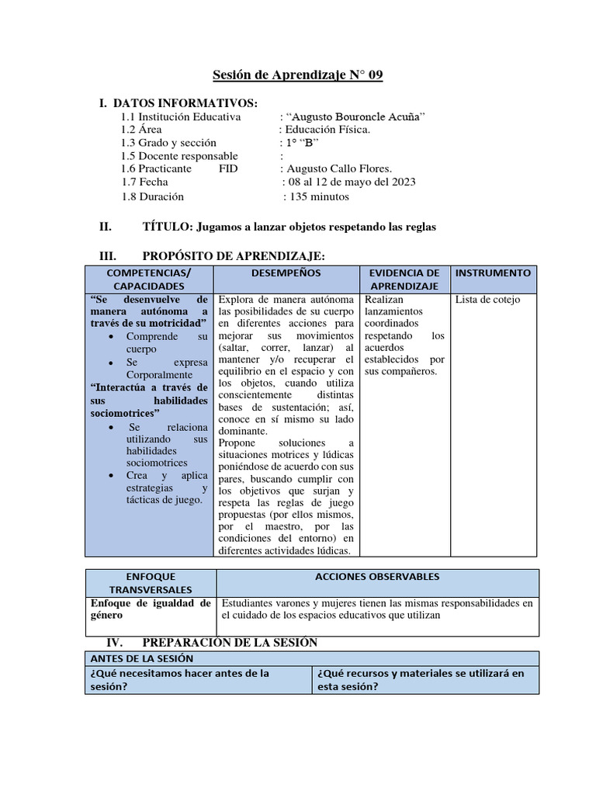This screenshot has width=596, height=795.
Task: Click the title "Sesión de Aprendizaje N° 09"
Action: (x=298, y=75)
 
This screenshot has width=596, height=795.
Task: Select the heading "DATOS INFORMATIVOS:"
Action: (x=185, y=103)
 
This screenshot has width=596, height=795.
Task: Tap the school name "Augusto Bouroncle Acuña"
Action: (x=356, y=116)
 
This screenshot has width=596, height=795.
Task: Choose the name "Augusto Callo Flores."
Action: (x=339, y=168)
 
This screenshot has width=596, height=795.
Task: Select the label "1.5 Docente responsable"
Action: (x=179, y=156)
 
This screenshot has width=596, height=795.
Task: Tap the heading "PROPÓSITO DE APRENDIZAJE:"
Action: (x=234, y=256)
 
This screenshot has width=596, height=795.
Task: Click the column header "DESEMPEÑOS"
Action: (x=286, y=273)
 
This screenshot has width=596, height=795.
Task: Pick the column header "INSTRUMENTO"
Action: (x=493, y=273)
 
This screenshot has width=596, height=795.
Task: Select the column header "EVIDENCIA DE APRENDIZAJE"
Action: (x=404, y=279)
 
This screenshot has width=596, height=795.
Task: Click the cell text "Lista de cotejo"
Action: (x=487, y=300)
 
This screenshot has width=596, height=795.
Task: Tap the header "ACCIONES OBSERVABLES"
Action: (x=377, y=577)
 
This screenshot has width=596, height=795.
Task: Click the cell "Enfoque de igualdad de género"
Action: (x=150, y=608)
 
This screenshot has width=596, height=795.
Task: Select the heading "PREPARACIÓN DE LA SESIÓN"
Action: (x=230, y=643)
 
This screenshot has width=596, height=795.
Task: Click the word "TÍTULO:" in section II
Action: (x=168, y=227)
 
